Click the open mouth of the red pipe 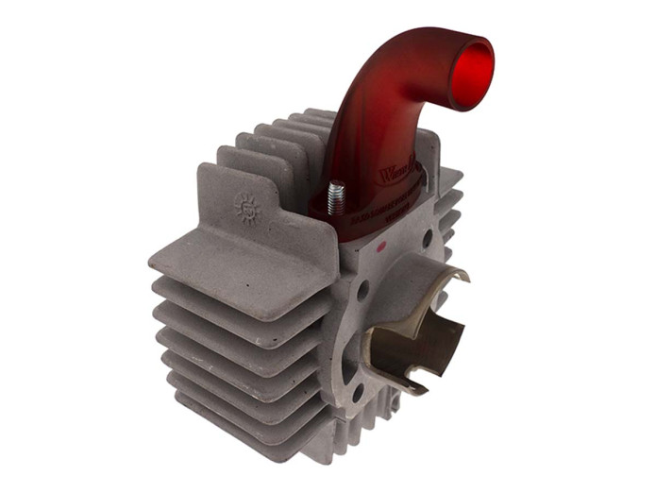(471, 74)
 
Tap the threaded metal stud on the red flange (333, 201)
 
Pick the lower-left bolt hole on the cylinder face (358, 388)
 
